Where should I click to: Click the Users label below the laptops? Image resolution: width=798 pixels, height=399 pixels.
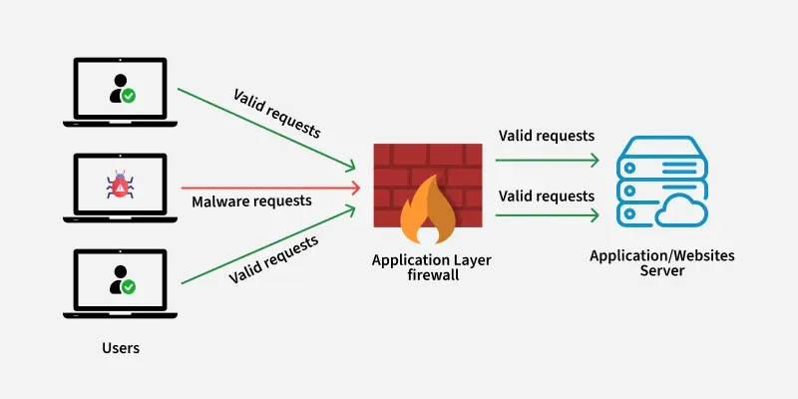coord(121,348)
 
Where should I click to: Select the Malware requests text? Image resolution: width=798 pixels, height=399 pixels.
coord(251,200)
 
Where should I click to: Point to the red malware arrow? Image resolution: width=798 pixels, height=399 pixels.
coord(269,187)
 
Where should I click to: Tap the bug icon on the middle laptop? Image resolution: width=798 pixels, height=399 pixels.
coord(120,186)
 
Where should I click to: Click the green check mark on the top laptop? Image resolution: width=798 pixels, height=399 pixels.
coord(129,97)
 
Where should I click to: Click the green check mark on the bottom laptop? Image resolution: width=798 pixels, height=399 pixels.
coord(129,286)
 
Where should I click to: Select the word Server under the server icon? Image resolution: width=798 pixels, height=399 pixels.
coord(661,270)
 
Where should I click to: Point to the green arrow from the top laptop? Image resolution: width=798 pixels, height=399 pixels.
coord(267,127)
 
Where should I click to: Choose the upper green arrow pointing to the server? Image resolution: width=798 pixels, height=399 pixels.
coord(547,158)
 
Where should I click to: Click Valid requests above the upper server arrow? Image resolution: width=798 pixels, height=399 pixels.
coord(546,136)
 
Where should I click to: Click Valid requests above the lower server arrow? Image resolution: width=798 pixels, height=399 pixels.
coord(546,196)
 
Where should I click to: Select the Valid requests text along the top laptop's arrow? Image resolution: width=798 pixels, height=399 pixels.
coord(278,113)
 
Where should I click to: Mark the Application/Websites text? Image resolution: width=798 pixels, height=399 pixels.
coord(661,255)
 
